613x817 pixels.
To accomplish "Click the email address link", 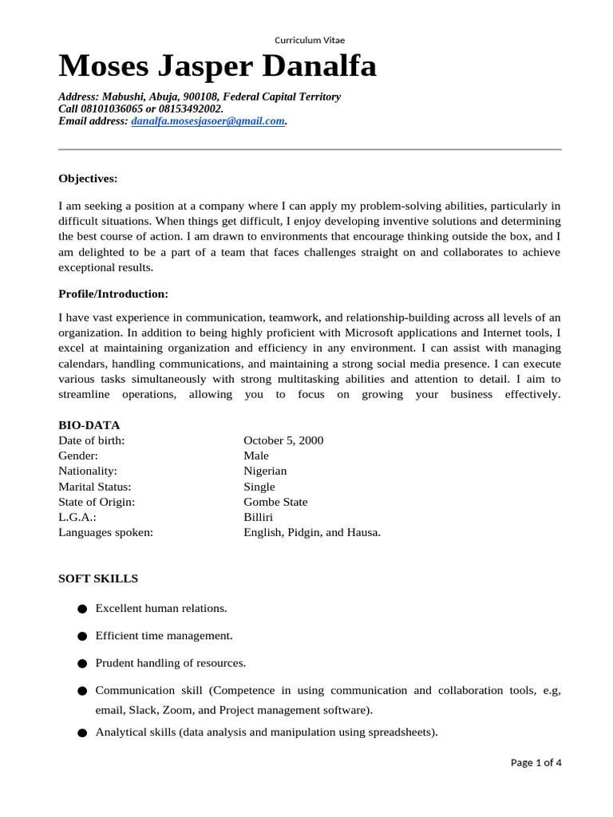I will coord(208,121).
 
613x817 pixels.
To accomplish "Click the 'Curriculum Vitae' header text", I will coord(310,40).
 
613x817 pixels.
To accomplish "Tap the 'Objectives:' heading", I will coord(88,178).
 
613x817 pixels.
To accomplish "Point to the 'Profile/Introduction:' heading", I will coord(113,294).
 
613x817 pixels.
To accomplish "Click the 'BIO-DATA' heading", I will coord(89,425).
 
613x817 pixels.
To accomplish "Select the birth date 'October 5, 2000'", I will coord(283,440).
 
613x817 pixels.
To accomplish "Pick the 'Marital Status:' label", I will coord(94,487).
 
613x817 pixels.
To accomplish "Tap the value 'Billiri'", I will coord(259,517).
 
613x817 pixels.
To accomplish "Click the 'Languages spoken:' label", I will coord(105,532).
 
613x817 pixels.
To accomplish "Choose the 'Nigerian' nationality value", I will coord(265,471).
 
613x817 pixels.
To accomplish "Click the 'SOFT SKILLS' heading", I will coord(98,578).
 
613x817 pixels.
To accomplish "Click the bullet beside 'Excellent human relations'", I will coord(82,610).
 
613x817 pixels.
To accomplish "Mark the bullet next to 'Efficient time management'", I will coord(82,637).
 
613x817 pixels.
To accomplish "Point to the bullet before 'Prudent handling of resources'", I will coord(82,664).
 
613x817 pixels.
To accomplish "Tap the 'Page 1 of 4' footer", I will coord(536,763).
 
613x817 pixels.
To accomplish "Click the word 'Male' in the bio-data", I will coord(255,456).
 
